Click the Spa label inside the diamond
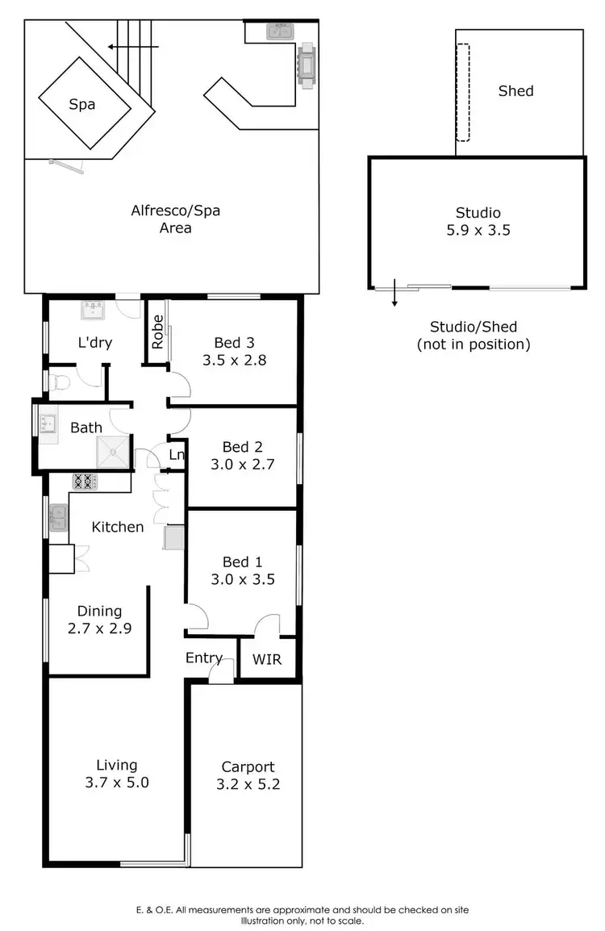pyautogui.click(x=82, y=104)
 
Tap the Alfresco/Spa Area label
pyautogui.click(x=175, y=219)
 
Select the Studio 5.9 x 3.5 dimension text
pyautogui.click(x=478, y=230)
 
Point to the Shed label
pyautogui.click(x=515, y=91)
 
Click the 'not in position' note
pyautogui.click(x=473, y=344)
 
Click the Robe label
pyautogui.click(x=157, y=331)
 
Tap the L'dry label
pyautogui.click(x=94, y=342)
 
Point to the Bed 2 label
pyautogui.click(x=242, y=447)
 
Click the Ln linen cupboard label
pyautogui.click(x=177, y=456)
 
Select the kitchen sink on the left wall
pyautogui.click(x=59, y=517)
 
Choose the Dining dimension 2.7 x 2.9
pyautogui.click(x=99, y=628)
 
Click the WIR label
pyautogui.click(x=267, y=659)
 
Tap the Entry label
pyautogui.click(x=203, y=658)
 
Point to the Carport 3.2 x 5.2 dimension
pyautogui.click(x=248, y=783)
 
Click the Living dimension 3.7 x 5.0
pyautogui.click(x=117, y=781)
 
